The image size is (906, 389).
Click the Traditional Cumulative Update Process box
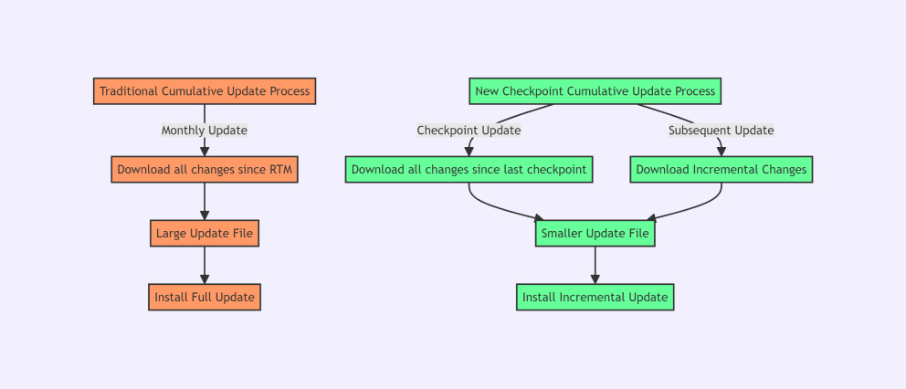coord(205,91)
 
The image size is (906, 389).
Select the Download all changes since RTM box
coord(205,169)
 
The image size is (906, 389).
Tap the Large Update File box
coord(205,234)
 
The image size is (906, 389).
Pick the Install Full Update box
coord(205,297)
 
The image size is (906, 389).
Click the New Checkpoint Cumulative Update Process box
coord(595,91)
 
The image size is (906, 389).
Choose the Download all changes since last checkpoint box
coord(469,169)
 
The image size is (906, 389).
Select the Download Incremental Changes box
coord(722,169)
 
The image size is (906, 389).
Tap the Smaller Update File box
coord(595,234)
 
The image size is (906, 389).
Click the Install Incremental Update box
coord(595,297)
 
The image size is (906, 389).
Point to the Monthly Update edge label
coord(205,131)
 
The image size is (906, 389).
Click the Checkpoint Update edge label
coord(469,131)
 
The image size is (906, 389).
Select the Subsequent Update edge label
coord(722,131)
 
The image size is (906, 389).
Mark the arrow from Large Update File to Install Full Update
coord(205,266)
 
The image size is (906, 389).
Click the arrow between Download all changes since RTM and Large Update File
coord(205,202)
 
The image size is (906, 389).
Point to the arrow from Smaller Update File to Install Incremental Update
coord(595,266)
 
